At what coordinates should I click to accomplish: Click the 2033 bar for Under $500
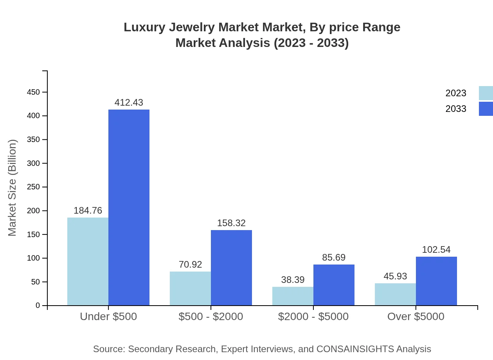pos(129,207)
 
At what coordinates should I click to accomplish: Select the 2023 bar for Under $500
pos(88,261)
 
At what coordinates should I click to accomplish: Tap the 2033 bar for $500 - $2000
pos(231,268)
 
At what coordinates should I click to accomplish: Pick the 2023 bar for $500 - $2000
pos(190,288)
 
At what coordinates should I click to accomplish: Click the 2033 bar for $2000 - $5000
pos(334,285)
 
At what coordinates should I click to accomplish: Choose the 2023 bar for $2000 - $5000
pos(293,296)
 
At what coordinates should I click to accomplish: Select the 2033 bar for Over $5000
pos(436,281)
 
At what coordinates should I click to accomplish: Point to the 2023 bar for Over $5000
pos(395,294)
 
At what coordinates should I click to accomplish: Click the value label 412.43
pos(129,103)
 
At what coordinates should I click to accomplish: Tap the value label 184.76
pos(88,211)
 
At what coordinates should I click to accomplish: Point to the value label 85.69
pos(334,257)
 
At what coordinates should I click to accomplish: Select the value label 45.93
pos(395,276)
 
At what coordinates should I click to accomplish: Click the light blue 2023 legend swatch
pos(486,93)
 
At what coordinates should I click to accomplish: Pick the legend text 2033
pos(456,109)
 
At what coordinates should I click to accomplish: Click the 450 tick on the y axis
pos(33,92)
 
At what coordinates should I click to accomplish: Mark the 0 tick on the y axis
pos(38,305)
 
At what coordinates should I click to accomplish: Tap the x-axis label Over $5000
pos(416,317)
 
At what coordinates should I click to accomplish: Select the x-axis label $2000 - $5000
pos(313,317)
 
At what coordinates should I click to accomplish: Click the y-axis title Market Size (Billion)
pos(13,188)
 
